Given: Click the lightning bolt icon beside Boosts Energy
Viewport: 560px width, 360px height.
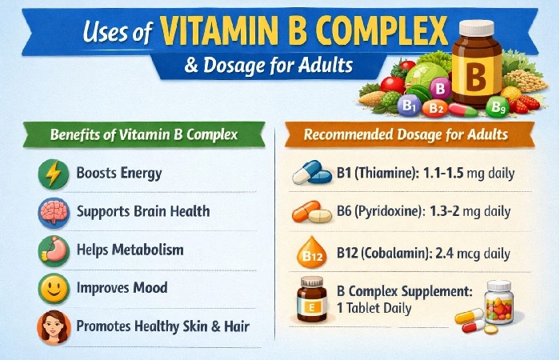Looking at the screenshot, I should tap(53, 174).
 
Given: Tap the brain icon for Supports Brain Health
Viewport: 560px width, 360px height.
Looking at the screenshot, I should tap(53, 213).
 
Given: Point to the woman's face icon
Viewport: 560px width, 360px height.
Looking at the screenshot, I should tap(53, 327).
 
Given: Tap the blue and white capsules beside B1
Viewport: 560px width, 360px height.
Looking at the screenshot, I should tap(310, 173).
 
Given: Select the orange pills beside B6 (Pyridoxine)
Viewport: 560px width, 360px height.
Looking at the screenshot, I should tap(310, 214).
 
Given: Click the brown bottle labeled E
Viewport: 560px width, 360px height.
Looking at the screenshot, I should tap(312, 300).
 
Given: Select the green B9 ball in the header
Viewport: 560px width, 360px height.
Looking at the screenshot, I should tap(498, 106).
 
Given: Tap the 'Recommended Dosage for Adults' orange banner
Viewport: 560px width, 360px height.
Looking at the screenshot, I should tap(410, 134).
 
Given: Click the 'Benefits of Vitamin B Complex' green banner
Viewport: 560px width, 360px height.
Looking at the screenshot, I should tap(144, 134).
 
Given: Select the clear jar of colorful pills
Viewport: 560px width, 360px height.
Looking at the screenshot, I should tap(499, 302).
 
